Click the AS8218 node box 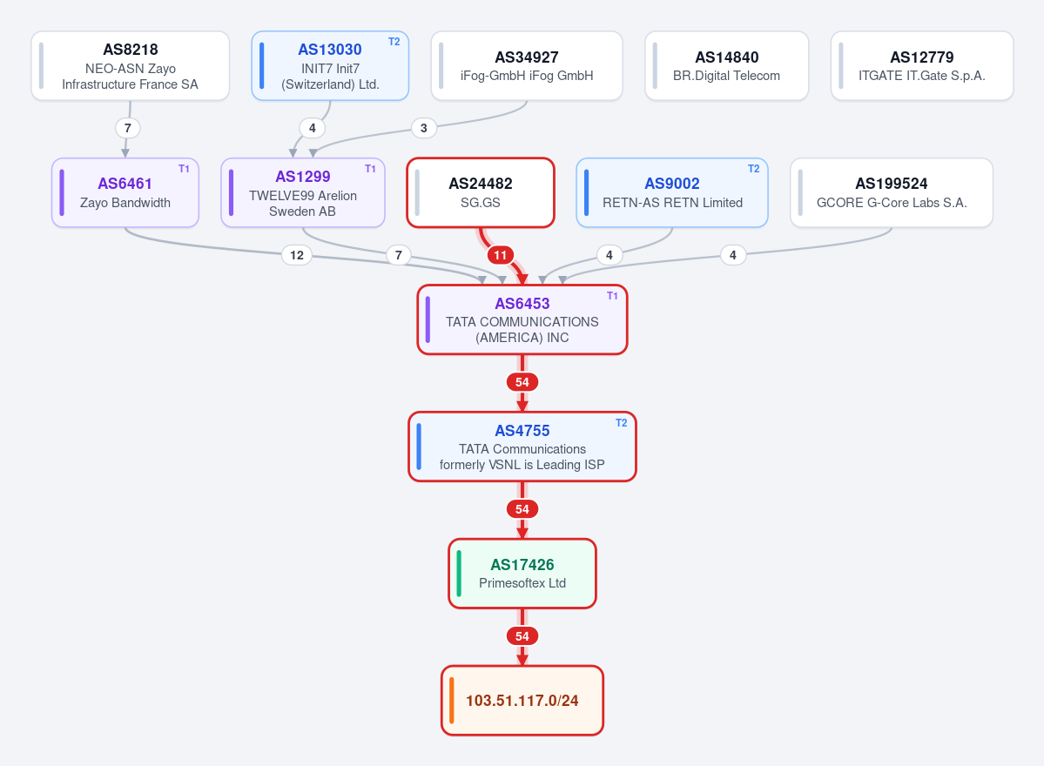(x=131, y=66)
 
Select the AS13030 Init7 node (x=330, y=66)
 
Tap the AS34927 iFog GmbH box (x=527, y=66)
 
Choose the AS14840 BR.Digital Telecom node (x=726, y=66)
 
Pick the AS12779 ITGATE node (x=922, y=66)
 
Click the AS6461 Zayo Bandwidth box (x=125, y=193)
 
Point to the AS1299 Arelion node (x=303, y=193)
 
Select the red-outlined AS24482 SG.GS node (x=481, y=193)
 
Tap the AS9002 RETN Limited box (x=672, y=193)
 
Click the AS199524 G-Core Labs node (x=892, y=193)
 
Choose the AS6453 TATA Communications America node (x=522, y=320)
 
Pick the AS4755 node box (x=522, y=447)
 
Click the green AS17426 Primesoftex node (x=522, y=574)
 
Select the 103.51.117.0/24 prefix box (x=522, y=701)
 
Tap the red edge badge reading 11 (x=500, y=255)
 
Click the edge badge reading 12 (x=297, y=255)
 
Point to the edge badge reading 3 (x=424, y=128)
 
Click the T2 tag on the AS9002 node (x=754, y=169)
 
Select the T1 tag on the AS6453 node (x=612, y=296)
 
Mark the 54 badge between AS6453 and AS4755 (x=522, y=382)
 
